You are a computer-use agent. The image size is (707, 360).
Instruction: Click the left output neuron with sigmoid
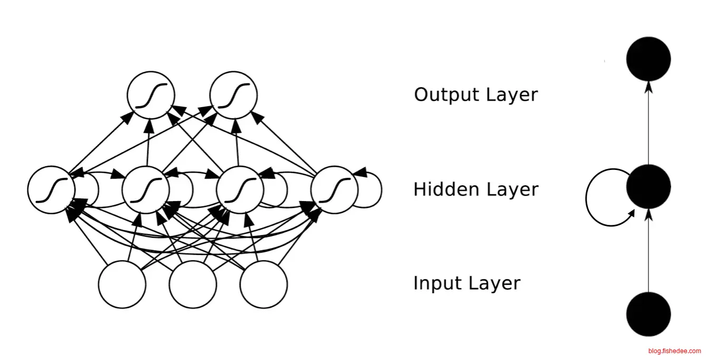click(151, 95)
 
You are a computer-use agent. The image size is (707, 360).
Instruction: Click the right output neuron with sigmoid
click(233, 95)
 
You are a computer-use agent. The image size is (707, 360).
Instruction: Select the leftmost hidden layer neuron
click(51, 190)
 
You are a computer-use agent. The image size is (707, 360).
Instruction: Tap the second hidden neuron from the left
click(146, 190)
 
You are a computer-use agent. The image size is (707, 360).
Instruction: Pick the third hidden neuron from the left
click(240, 190)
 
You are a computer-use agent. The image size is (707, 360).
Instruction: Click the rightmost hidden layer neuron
click(335, 190)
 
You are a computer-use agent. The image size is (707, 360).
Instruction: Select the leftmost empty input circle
click(122, 285)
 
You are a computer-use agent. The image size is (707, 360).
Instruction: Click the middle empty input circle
click(193, 285)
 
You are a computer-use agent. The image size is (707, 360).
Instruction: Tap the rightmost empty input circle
click(263, 285)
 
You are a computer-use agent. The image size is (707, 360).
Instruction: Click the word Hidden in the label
click(440, 190)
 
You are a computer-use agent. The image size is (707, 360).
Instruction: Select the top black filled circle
click(648, 59)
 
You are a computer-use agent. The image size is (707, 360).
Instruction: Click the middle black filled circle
click(648, 186)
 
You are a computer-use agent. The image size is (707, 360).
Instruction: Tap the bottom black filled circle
click(648, 314)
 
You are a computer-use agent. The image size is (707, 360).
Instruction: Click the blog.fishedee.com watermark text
click(675, 351)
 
